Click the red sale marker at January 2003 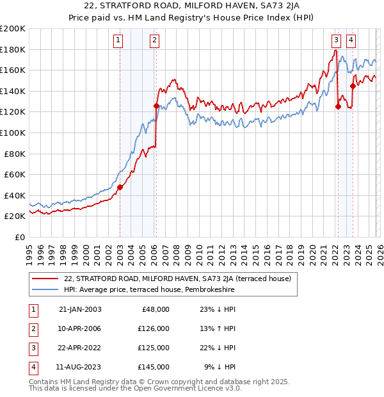[120, 187]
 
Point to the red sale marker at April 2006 [156, 106]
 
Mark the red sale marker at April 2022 [338, 107]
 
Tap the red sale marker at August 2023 [353, 86]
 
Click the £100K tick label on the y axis [13, 133]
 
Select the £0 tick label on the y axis [19, 237]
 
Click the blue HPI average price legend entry [149, 289]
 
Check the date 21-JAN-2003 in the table [80, 309]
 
